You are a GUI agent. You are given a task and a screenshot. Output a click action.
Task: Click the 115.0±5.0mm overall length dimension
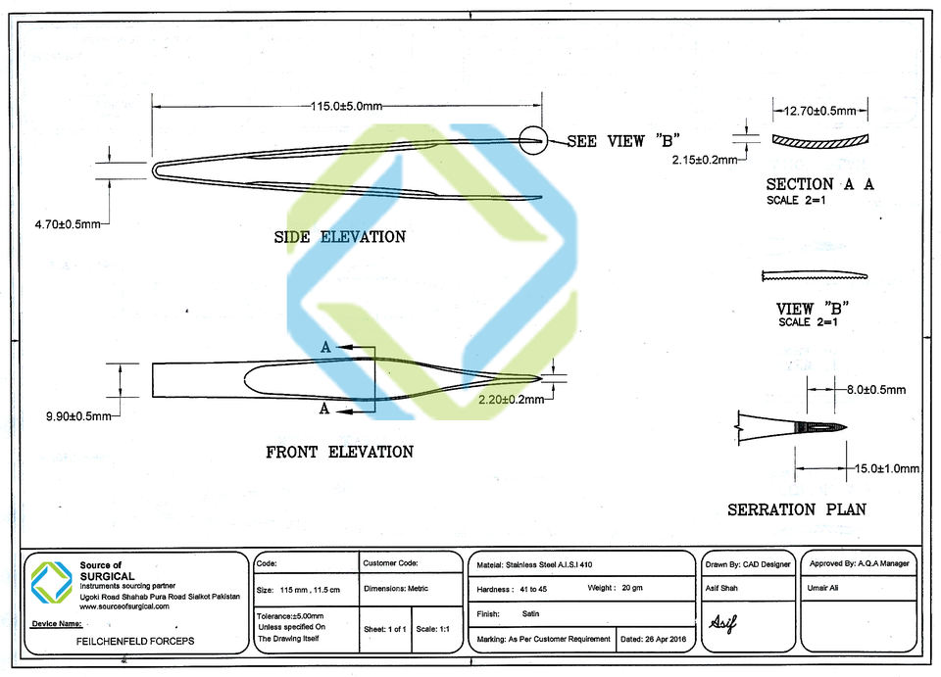[x=346, y=105]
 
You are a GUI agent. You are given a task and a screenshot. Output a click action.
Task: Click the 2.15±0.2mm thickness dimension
[x=704, y=159]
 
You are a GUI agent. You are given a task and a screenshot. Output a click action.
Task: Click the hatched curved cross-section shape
[x=813, y=140]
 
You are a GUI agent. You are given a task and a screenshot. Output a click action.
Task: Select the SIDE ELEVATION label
[x=339, y=237]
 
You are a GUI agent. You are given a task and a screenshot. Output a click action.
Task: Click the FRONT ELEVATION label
[x=339, y=452]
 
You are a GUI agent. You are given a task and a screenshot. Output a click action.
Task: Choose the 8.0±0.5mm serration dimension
[x=876, y=389]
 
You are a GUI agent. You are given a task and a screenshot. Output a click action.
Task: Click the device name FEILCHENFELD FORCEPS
[x=135, y=640]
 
